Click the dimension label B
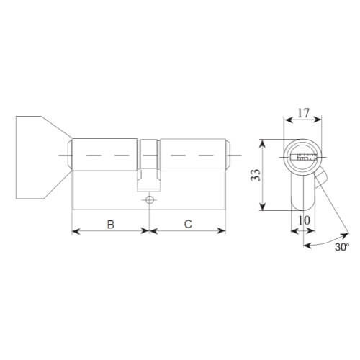tap(111, 225)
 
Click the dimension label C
tap(187, 225)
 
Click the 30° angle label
tap(341, 247)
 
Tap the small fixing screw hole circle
tap(149, 199)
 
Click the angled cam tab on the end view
tap(321, 175)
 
